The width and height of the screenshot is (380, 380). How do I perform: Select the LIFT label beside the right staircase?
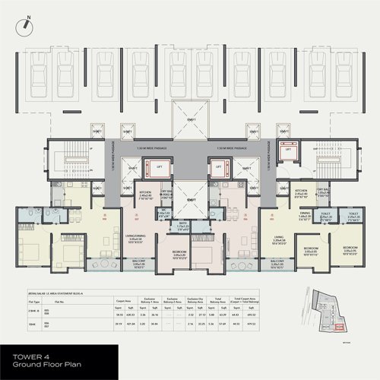(288, 150)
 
